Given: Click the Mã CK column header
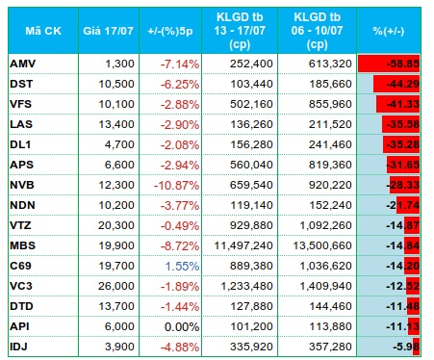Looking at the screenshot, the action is pyautogui.click(x=43, y=31).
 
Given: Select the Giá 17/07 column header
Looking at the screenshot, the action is pyautogui.click(x=108, y=31).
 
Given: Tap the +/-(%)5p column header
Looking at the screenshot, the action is pyautogui.click(x=170, y=31).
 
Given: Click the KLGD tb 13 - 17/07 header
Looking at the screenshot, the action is pyautogui.click(x=240, y=31).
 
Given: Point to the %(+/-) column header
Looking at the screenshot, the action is pyautogui.click(x=389, y=31).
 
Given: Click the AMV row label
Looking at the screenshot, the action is pyautogui.click(x=22, y=64).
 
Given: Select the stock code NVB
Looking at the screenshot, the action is pyautogui.click(x=22, y=185).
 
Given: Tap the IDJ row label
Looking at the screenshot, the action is pyautogui.click(x=18, y=347).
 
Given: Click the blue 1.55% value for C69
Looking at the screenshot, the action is pyautogui.click(x=182, y=266).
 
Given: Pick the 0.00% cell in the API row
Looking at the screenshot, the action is pyautogui.click(x=182, y=326).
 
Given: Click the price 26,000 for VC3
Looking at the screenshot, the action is pyautogui.click(x=116, y=286).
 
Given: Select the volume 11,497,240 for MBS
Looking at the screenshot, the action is pyautogui.click(x=243, y=245).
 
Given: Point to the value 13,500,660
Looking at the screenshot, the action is pyautogui.click(x=322, y=245).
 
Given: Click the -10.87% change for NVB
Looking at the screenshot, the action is pyautogui.click(x=177, y=185).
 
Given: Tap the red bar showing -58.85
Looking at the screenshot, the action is pyautogui.click(x=389, y=64).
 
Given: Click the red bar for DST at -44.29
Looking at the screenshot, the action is pyautogui.click(x=396, y=84).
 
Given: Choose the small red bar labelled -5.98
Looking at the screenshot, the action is pyautogui.click(x=417, y=347).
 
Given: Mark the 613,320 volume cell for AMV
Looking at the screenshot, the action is pyautogui.click(x=330, y=64).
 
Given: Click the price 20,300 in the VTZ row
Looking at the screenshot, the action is pyautogui.click(x=116, y=225).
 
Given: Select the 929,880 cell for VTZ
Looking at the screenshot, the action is pyautogui.click(x=251, y=225).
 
